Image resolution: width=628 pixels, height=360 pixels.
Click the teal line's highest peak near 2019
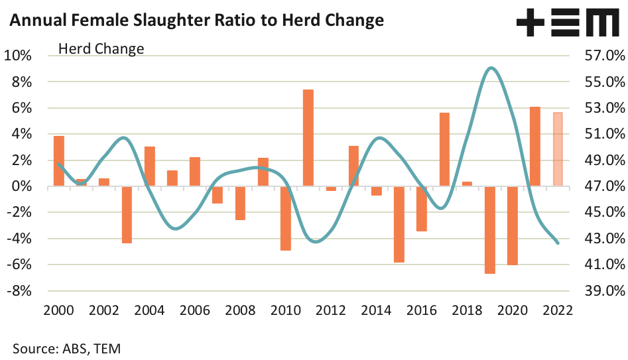point(490,68)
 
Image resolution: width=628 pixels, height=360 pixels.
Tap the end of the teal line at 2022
point(558,243)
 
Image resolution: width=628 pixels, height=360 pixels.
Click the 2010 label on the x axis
point(286,310)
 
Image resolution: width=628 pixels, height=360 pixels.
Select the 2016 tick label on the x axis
point(422,310)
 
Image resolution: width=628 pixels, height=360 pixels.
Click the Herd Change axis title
point(101,48)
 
